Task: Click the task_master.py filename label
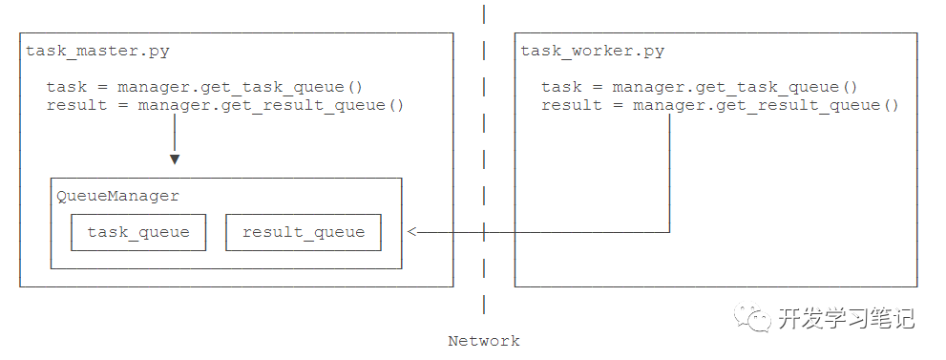(97, 52)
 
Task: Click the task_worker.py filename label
(592, 52)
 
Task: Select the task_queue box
(138, 232)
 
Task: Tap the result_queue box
(304, 232)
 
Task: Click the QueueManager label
(117, 196)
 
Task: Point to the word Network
(483, 341)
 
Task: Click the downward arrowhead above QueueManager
(175, 159)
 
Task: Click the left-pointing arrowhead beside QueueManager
(412, 231)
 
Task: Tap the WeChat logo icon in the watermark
(752, 317)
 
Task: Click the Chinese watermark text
(846, 318)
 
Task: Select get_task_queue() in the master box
(271, 88)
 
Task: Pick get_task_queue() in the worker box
(766, 88)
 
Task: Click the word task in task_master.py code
(67, 88)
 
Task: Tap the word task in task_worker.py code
(561, 88)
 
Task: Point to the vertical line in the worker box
(670, 173)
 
